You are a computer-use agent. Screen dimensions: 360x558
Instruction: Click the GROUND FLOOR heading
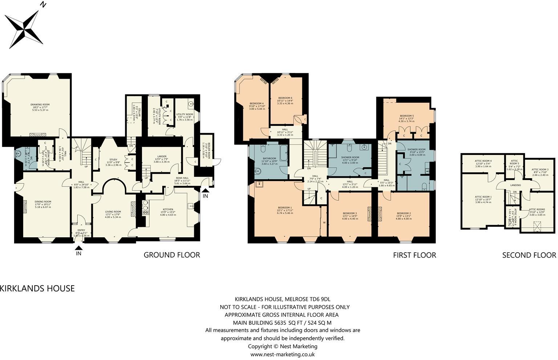[x=172, y=255]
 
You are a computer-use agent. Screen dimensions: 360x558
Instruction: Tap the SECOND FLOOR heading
[x=529, y=255]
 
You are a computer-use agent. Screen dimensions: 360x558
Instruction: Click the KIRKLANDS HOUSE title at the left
[x=37, y=289]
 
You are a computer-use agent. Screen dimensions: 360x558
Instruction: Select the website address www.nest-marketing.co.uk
[x=282, y=355]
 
